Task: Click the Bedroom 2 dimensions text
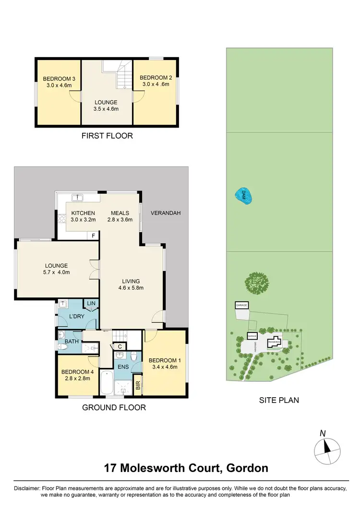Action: click(x=156, y=84)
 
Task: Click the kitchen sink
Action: click(x=77, y=197)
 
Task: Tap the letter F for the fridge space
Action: click(x=94, y=235)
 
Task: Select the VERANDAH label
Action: click(x=165, y=213)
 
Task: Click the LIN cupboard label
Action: click(x=91, y=303)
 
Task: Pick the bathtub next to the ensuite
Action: click(x=108, y=382)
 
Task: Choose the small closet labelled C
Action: click(x=120, y=346)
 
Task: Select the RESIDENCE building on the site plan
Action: click(x=275, y=342)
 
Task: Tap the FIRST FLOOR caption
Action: click(x=108, y=136)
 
